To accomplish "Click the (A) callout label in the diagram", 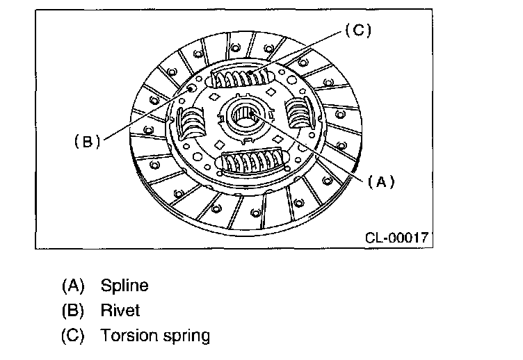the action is pos(380,182).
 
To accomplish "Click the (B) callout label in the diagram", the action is pos(88,141).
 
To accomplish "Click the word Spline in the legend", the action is pos(124,285).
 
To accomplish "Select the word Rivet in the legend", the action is pos(120,311).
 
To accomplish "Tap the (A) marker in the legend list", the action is pos(72,285).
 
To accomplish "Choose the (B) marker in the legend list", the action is pos(72,311).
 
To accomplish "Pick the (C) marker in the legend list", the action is pos(72,336).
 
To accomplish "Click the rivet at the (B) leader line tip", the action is pos(190,89).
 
